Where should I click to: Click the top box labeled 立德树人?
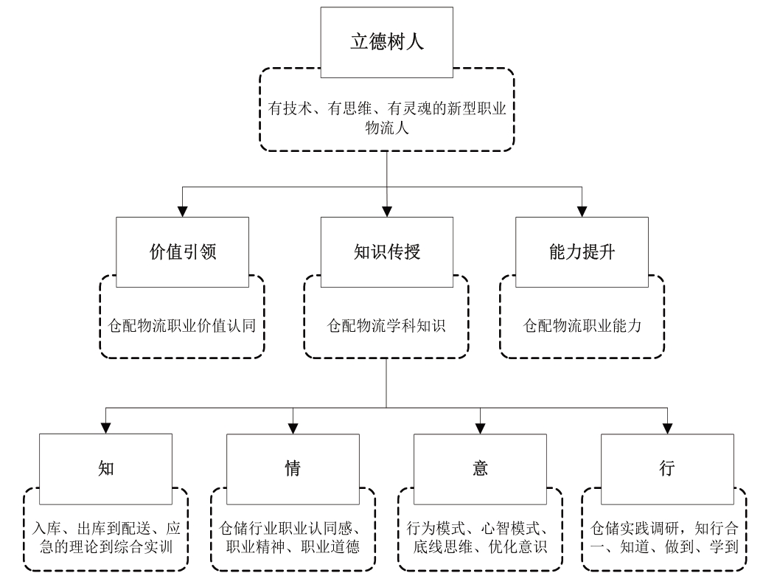[x=387, y=41]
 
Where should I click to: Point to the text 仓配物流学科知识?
[x=387, y=326]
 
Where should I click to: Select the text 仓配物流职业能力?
[x=582, y=326]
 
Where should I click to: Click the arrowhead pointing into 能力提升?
[x=582, y=212]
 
